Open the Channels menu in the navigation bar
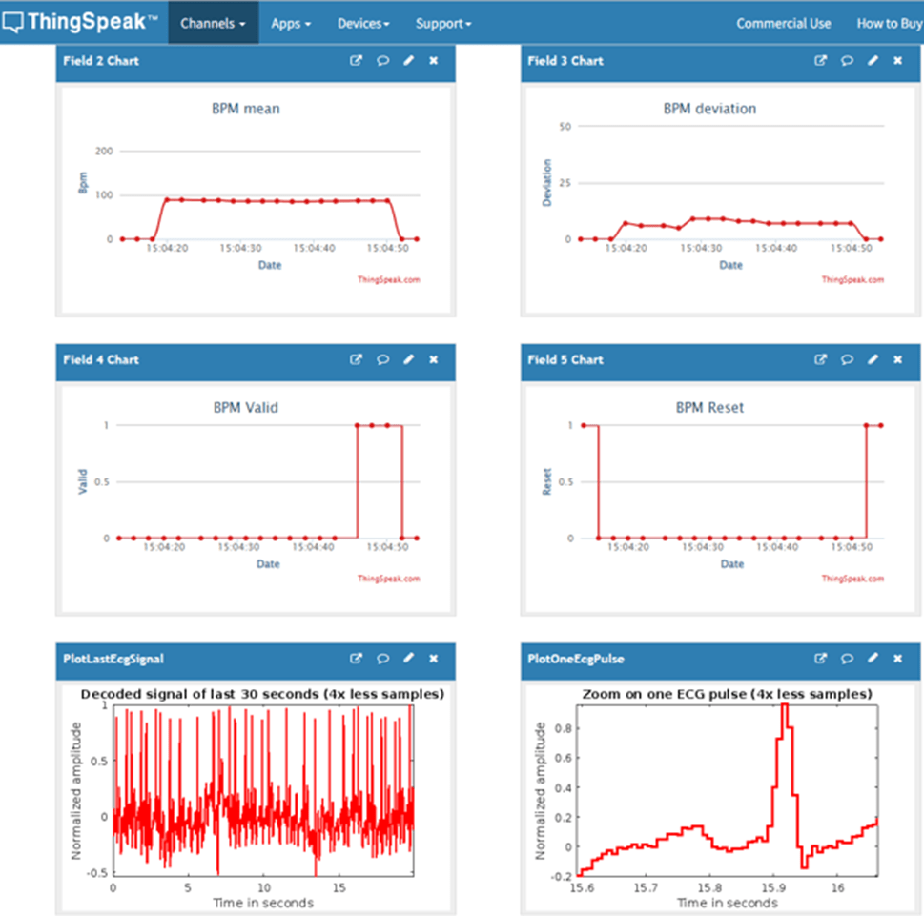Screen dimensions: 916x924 pos(213,23)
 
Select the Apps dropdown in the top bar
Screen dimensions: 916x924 pos(291,23)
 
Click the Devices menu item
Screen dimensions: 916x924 pos(362,23)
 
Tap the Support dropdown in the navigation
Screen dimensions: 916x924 pos(443,23)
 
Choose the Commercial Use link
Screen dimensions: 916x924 pos(783,23)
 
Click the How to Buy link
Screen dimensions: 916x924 pos(889,23)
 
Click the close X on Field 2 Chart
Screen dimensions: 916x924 pos(434,61)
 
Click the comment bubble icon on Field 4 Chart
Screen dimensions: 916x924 pos(382,360)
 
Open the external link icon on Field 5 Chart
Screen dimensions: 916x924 pos(820,360)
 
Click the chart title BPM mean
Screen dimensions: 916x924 pos(246,109)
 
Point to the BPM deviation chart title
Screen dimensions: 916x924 pos(709,109)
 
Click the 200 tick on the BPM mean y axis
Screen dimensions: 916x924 pos(104,152)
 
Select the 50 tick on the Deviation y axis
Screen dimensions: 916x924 pos(565,126)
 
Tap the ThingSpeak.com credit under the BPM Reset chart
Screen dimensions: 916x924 pos(852,579)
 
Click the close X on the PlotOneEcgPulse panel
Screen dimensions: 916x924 pos(897,659)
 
